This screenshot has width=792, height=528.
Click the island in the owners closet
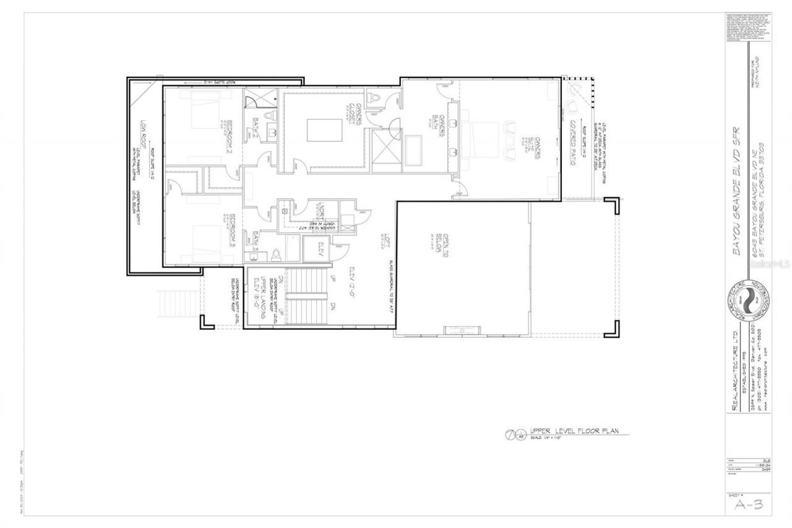(x=324, y=131)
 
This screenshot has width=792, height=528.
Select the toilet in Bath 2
(x=268, y=116)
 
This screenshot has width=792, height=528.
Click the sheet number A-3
(x=749, y=504)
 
